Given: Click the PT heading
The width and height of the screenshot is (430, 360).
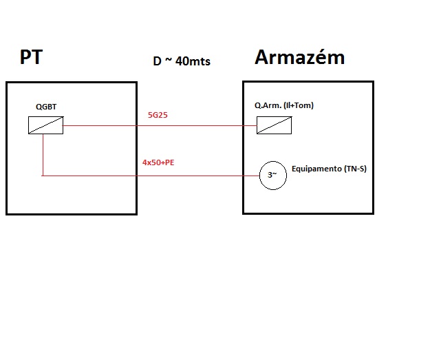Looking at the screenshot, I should pyautogui.click(x=31, y=57).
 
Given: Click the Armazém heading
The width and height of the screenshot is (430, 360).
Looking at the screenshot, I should pyautogui.click(x=299, y=57).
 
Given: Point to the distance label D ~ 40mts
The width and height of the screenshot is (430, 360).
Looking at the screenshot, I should pyautogui.click(x=181, y=61).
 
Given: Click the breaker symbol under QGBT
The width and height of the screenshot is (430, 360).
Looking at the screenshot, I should pyautogui.click(x=46, y=125).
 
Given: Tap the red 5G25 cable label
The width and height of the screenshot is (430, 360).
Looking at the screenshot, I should pyautogui.click(x=158, y=115).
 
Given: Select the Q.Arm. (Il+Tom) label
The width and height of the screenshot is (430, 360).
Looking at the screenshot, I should pyautogui.click(x=284, y=105).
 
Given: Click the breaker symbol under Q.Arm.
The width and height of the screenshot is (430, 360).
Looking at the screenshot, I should pyautogui.click(x=273, y=125).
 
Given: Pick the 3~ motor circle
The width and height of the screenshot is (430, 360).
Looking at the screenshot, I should pyautogui.click(x=272, y=176).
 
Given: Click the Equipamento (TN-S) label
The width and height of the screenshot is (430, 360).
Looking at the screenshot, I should pyautogui.click(x=329, y=168).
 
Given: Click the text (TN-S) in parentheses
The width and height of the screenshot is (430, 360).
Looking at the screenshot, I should pyautogui.click(x=354, y=168).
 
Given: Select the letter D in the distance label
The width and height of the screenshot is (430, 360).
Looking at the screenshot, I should pyautogui.click(x=157, y=61).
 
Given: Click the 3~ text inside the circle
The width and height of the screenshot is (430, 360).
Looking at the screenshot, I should pyautogui.click(x=272, y=176).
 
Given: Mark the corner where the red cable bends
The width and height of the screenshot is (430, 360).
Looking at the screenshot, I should pyautogui.click(x=43, y=176).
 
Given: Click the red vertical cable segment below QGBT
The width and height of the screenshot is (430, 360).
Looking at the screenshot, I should pyautogui.click(x=43, y=155).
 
